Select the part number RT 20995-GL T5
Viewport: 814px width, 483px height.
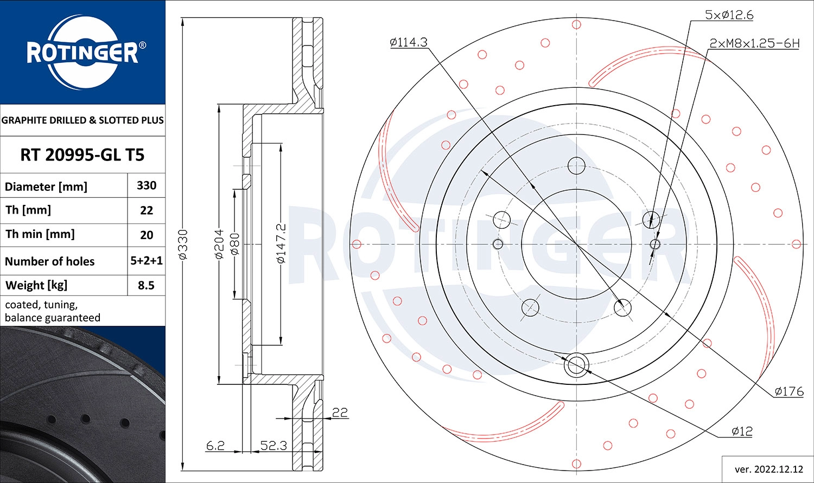pyautogui.click(x=82, y=155)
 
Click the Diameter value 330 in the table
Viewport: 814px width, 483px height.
pyautogui.click(x=147, y=185)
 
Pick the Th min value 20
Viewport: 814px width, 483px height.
pyautogui.click(x=147, y=235)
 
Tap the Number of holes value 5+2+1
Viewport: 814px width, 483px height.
pyautogui.click(x=147, y=261)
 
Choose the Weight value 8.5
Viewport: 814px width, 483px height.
pyautogui.click(x=147, y=285)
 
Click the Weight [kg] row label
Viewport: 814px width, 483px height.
pyautogui.click(x=36, y=285)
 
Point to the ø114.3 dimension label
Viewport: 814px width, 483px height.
pyautogui.click(x=409, y=42)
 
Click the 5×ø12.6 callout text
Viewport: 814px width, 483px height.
pyautogui.click(x=729, y=15)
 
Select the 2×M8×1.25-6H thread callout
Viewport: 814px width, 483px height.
pyautogui.click(x=754, y=43)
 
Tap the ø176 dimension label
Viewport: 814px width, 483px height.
pyautogui.click(x=788, y=391)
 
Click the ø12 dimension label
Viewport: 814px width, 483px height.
pyautogui.click(x=742, y=432)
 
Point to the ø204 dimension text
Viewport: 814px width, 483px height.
pyautogui.click(x=219, y=244)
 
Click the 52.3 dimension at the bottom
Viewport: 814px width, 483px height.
pyautogui.click(x=274, y=446)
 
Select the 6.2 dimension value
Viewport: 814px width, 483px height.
pyautogui.click(x=215, y=446)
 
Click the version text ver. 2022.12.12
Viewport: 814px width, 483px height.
pyautogui.click(x=768, y=469)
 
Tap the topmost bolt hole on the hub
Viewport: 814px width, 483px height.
pyautogui.click(x=576, y=165)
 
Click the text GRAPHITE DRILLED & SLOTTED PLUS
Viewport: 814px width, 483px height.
pyautogui.click(x=82, y=120)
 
